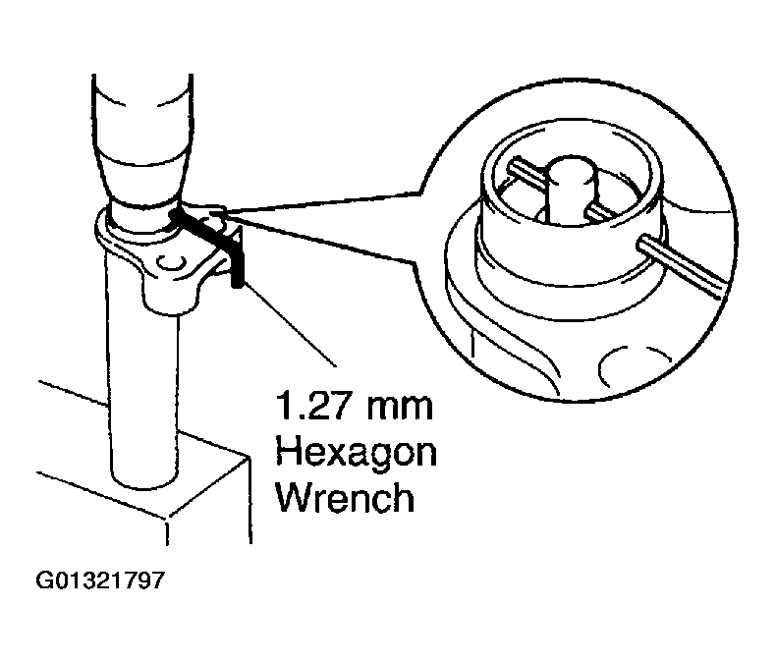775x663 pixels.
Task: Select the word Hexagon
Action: (357, 454)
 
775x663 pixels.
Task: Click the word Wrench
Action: (344, 498)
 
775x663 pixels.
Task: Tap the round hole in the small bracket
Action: (174, 263)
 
